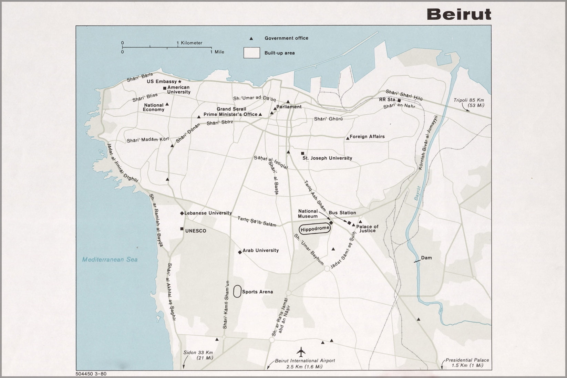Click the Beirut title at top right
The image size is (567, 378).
[459, 14]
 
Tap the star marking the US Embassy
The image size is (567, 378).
[179, 82]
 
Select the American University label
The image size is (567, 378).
[179, 90]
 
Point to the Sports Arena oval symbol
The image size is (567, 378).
[237, 291]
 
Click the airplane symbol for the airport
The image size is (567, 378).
[301, 352]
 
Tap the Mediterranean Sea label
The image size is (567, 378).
[110, 259]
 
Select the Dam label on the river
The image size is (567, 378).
[426, 258]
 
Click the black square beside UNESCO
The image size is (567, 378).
[182, 229]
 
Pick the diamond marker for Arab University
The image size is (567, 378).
[240, 252]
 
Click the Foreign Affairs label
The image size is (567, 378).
[367, 137]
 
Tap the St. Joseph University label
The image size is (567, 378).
[327, 158]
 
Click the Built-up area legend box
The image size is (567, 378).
[251, 53]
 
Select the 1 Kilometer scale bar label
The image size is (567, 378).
[189, 43]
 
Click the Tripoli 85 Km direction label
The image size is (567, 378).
[469, 103]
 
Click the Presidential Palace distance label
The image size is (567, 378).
[467, 363]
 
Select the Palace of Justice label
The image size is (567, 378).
[367, 229]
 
